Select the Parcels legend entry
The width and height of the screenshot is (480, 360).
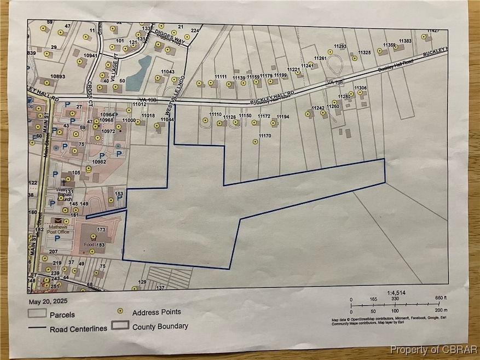click(x=62, y=315)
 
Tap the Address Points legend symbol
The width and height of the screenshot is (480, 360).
click(x=119, y=311)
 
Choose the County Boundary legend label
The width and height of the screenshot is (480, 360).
click(x=160, y=327)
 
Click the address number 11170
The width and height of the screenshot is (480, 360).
click(x=265, y=135)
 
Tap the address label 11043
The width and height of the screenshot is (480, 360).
click(x=167, y=72)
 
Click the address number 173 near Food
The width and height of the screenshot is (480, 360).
click(x=101, y=229)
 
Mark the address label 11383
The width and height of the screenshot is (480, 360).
click(x=405, y=41)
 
